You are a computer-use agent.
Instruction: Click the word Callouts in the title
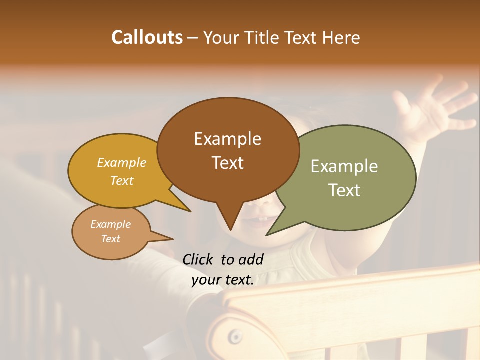tap(147, 37)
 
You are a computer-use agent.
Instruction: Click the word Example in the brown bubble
tap(227, 139)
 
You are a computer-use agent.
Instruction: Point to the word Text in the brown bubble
tap(227, 163)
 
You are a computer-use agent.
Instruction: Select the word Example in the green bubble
tap(344, 166)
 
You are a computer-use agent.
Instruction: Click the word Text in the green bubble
tap(344, 190)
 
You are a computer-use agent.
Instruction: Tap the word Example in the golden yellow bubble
tap(122, 163)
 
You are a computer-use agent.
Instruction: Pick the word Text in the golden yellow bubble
tap(122, 180)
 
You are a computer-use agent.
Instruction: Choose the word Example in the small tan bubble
tap(110, 224)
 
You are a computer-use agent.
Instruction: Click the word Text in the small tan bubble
tap(110, 239)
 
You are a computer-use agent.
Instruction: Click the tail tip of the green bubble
tap(267, 234)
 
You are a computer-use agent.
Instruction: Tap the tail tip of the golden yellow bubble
tap(190, 211)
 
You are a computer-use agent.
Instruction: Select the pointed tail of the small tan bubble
tap(172, 238)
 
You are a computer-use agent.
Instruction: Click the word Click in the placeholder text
tap(199, 259)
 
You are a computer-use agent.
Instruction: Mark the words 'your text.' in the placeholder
tap(223, 280)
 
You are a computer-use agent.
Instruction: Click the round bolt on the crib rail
tap(235, 336)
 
